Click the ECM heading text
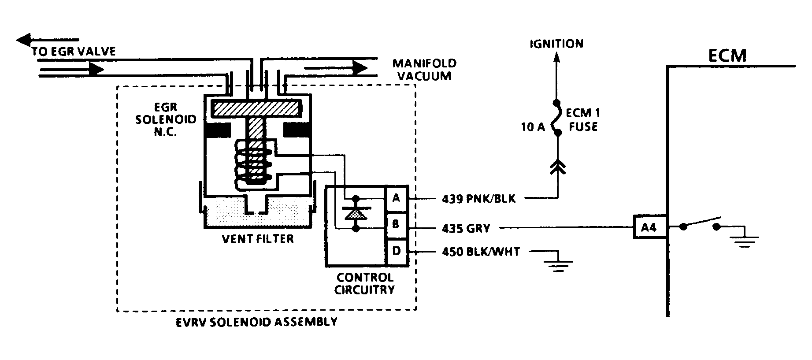click(727, 56)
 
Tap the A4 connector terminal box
click(649, 227)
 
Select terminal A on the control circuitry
click(396, 198)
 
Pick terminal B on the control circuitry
click(396, 225)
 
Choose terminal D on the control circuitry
click(396, 252)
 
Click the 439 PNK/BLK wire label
click(478, 199)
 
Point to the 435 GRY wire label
click(466, 228)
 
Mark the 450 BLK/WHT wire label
click(481, 252)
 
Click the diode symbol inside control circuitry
click(356, 213)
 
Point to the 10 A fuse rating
click(533, 127)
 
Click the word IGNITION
click(556, 44)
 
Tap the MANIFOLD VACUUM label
click(424, 70)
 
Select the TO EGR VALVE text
click(74, 52)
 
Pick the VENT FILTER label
click(258, 239)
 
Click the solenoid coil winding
click(252, 162)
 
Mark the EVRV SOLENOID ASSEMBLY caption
click(256, 322)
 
